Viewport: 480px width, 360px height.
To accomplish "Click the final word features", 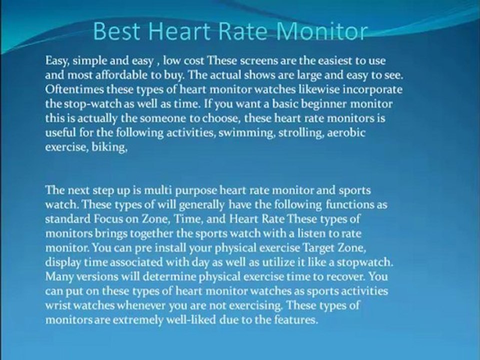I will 298,320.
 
